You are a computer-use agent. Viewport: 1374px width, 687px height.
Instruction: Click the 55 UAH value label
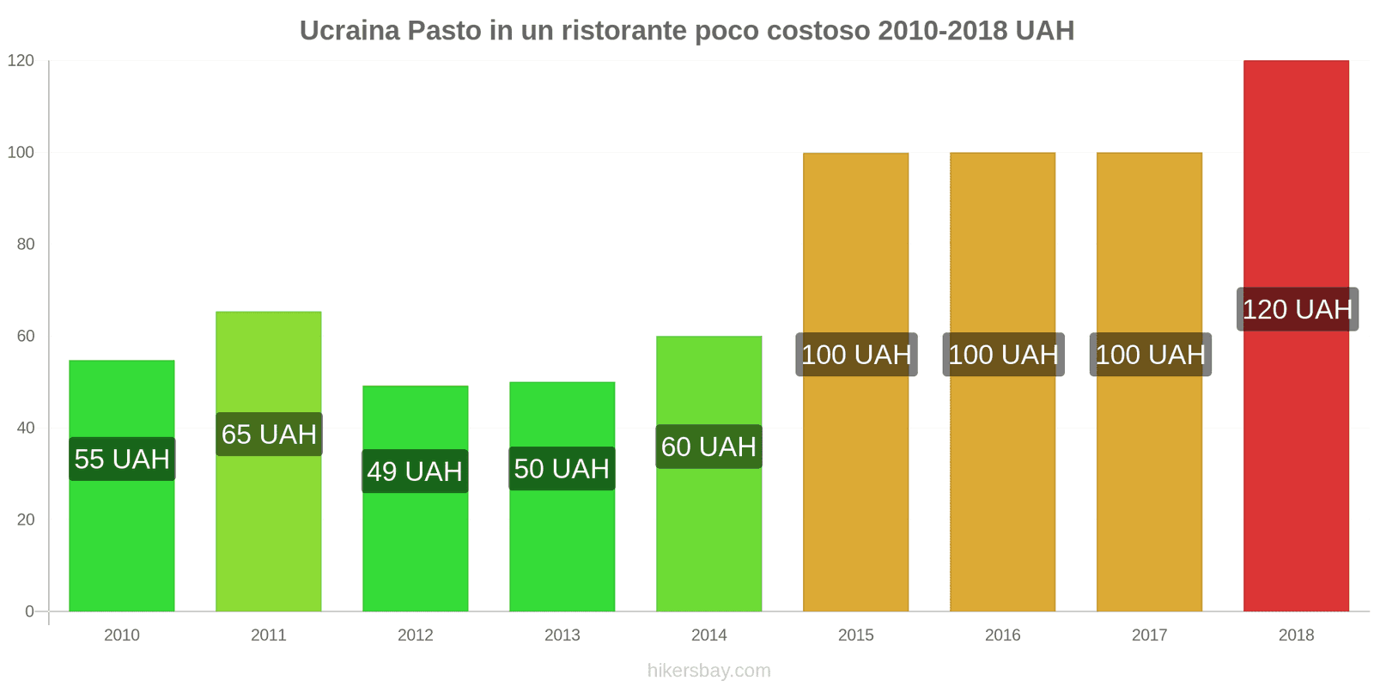[122, 459]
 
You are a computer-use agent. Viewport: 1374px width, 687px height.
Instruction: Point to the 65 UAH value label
[269, 435]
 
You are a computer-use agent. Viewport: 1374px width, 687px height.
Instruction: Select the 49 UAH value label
[415, 471]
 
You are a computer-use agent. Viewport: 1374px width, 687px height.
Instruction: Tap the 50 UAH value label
[562, 469]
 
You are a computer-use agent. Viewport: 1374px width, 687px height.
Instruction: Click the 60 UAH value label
[708, 447]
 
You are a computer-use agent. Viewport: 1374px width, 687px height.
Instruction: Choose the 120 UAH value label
[1297, 309]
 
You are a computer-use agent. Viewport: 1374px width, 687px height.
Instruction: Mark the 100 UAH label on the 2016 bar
[1003, 355]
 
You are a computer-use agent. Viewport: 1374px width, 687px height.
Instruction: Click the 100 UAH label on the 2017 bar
[1150, 355]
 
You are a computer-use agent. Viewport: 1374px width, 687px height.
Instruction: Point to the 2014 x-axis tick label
[708, 635]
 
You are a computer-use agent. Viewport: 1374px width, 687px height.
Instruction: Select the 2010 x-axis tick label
[122, 635]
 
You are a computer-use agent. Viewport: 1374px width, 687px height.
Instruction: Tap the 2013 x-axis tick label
[562, 635]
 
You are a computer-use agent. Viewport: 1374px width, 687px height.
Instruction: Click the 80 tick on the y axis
[26, 245]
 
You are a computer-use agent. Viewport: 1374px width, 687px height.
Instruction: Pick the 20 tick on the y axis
[26, 520]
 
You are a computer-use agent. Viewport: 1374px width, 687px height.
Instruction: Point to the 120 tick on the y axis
[21, 61]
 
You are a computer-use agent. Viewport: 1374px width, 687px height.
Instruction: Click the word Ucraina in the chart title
[350, 31]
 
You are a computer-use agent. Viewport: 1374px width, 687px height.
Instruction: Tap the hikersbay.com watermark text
[708, 671]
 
